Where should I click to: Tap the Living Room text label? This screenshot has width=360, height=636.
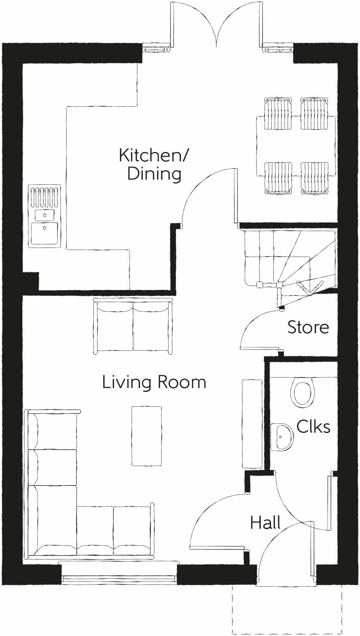(154, 382)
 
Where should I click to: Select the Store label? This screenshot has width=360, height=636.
(308, 327)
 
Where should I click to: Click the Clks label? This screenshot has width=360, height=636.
(313, 427)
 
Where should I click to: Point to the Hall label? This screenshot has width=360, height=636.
(265, 523)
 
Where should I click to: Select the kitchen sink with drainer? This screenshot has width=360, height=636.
(45, 215)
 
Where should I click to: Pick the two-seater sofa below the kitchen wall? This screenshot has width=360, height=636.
(133, 326)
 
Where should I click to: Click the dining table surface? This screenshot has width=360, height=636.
(296, 145)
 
